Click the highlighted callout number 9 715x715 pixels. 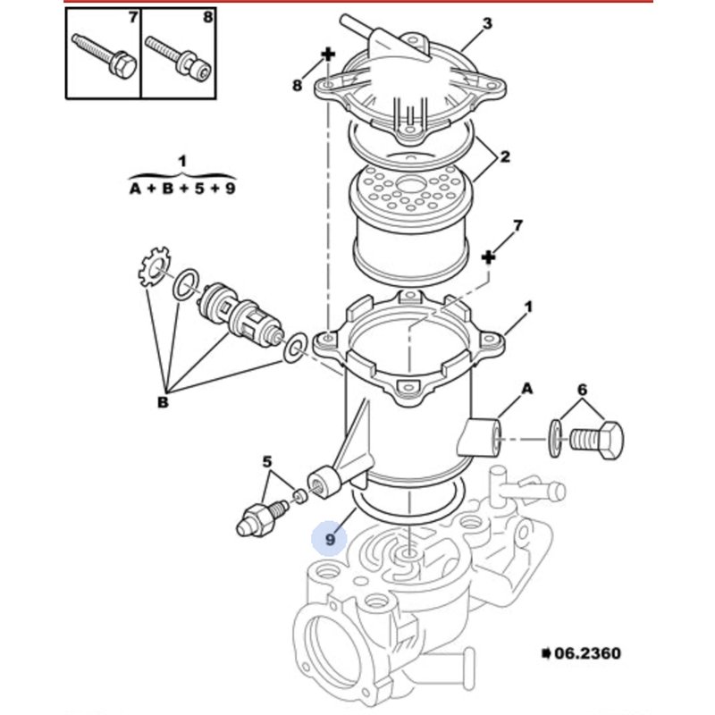tap(330, 540)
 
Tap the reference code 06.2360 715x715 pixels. tap(587, 653)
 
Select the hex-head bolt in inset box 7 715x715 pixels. tap(105, 56)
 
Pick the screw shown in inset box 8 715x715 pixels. tap(179, 57)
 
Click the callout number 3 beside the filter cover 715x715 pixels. tap(487, 23)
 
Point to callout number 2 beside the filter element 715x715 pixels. tap(504, 156)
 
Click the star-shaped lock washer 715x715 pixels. tap(154, 266)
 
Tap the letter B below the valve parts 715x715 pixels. tap(163, 403)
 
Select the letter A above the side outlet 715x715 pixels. tap(526, 389)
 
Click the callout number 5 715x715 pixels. tap(266, 462)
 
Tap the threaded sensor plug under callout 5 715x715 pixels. tap(262, 518)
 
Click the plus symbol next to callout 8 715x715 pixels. tap(328, 55)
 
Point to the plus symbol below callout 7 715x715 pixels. tap(488, 257)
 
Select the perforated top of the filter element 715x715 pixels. tap(409, 188)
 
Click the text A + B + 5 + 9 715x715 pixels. tap(182, 188)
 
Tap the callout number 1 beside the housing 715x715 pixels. tap(528, 307)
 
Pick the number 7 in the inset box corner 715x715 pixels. tap(132, 17)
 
